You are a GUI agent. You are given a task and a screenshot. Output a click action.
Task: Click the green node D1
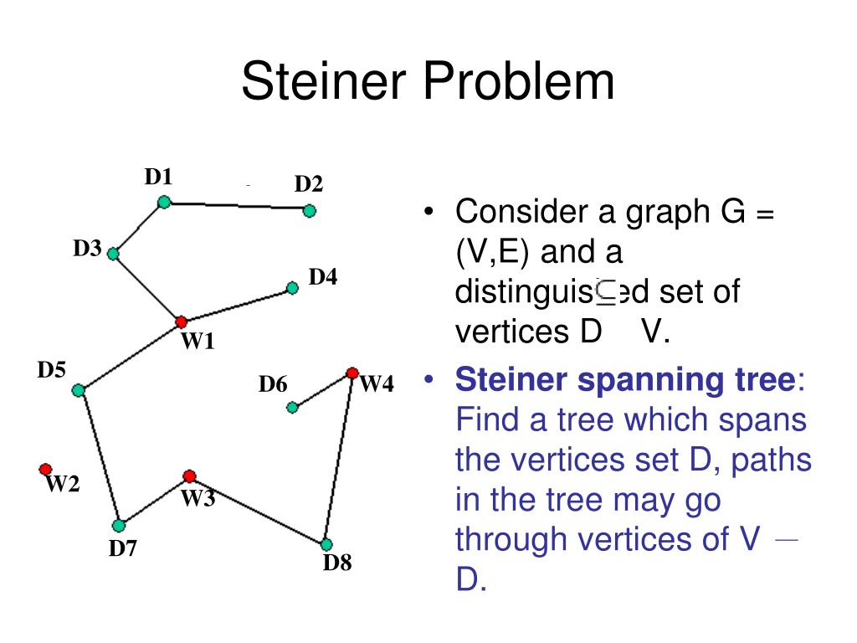(x=165, y=202)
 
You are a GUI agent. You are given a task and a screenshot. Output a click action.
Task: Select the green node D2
(x=310, y=211)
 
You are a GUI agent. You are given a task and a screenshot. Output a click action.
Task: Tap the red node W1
(x=181, y=321)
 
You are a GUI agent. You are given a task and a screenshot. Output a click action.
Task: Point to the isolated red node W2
(x=45, y=470)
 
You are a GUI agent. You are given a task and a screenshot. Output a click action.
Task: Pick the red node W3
(x=190, y=476)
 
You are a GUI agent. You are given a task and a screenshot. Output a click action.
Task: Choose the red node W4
(x=352, y=373)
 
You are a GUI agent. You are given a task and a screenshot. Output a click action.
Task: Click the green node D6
(x=292, y=408)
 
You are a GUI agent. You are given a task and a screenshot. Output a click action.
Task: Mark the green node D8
(x=326, y=544)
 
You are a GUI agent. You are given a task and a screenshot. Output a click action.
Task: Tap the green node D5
(x=78, y=390)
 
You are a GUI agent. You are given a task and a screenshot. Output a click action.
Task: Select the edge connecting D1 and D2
(x=237, y=206)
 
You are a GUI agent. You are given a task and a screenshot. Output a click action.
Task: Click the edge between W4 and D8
(x=340, y=459)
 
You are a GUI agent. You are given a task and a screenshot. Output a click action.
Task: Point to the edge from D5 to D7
(x=98, y=457)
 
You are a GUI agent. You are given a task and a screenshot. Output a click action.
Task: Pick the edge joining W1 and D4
(x=237, y=305)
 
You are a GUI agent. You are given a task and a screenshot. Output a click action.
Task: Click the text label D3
(x=87, y=248)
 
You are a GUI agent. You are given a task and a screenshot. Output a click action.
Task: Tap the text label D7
(x=122, y=549)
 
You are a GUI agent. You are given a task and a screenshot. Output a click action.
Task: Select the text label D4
(x=323, y=276)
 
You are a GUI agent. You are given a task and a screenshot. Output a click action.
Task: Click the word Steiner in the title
(x=321, y=82)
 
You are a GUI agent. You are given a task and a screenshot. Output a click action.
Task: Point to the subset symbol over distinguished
(x=606, y=291)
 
